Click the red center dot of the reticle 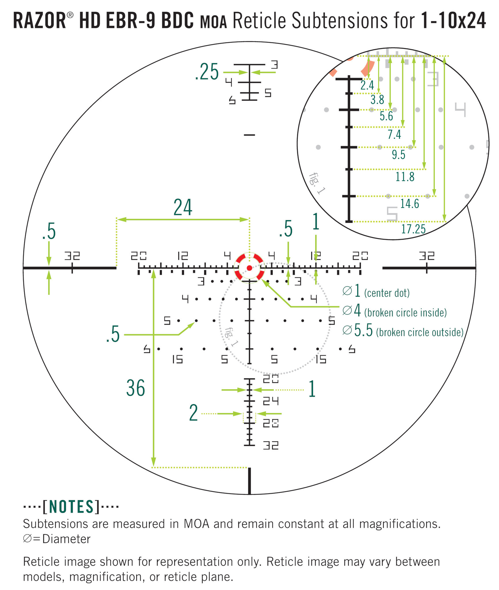point(249,268)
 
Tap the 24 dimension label point(183,207)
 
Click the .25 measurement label point(207,72)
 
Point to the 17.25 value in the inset point(413,229)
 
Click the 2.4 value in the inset point(367,85)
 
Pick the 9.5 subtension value point(399,155)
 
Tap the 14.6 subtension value point(409,204)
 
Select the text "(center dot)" point(387,293)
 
